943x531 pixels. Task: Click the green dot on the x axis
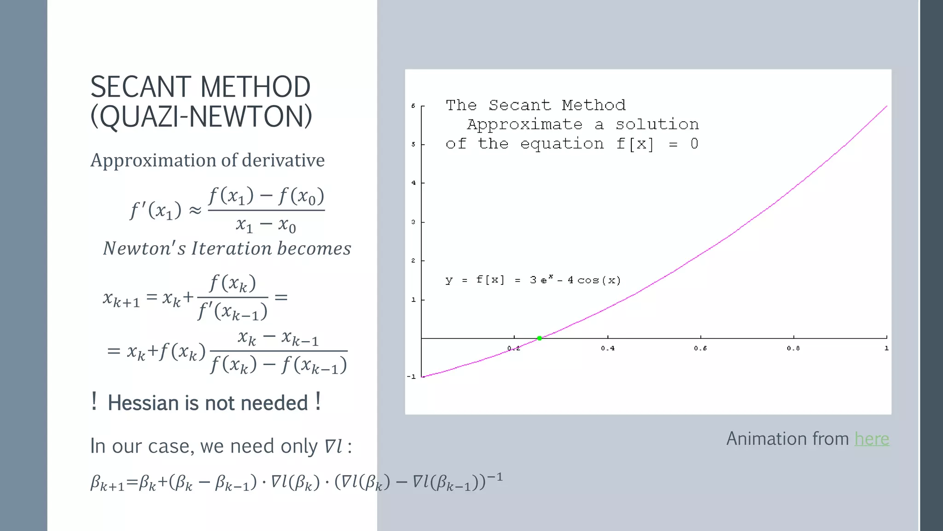coord(540,338)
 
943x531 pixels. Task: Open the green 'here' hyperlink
coord(872,439)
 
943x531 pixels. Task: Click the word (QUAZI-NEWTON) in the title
coord(201,116)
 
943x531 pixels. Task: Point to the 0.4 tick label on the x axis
coord(607,348)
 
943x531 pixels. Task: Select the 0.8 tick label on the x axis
coord(793,348)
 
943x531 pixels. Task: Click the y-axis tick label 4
coord(413,183)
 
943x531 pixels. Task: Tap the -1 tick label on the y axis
coord(411,377)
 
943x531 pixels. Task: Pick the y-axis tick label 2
coord(413,261)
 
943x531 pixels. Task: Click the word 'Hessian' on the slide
coord(142,403)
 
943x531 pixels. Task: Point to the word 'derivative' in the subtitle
coord(283,160)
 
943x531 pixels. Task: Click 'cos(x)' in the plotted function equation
coord(599,280)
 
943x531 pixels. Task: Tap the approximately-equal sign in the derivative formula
coord(195,211)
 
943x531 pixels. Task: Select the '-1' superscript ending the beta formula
coord(495,477)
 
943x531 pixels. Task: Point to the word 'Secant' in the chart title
coord(519,106)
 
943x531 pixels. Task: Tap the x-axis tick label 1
coord(886,348)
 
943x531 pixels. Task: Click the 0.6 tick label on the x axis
coord(700,348)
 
